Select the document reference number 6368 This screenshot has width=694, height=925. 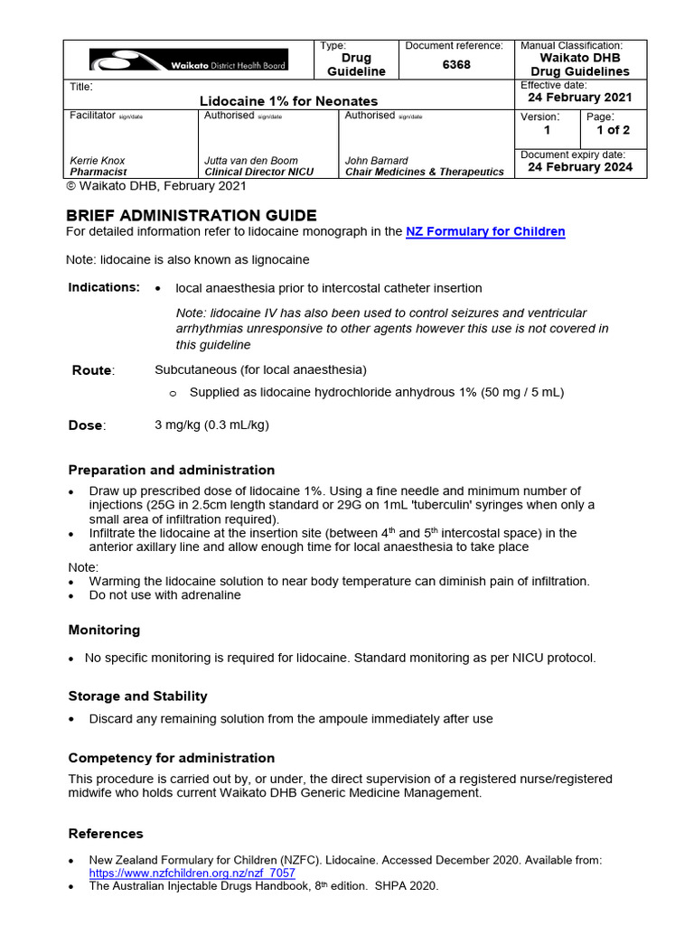pos(456,65)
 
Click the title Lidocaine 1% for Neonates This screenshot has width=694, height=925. pos(289,101)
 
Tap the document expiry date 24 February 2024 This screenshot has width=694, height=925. pos(580,167)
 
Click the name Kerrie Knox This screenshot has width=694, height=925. pos(98,161)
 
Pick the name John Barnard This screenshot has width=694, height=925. pos(377,161)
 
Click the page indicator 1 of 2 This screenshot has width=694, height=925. pos(613,130)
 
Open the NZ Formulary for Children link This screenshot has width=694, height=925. pos(485,232)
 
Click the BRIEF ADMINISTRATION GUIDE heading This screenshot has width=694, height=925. pos(192,215)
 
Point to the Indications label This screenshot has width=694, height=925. pos(104,287)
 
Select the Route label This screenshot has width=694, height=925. pos(93,370)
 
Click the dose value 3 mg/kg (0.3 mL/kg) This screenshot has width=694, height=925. pos(211,425)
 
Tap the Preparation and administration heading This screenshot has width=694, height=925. pos(172,470)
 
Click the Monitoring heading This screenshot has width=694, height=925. pos(104,630)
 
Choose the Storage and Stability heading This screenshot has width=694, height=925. pos(137,696)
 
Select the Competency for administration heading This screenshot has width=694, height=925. pos(172,758)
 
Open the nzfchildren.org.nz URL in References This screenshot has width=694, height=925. pos(192,874)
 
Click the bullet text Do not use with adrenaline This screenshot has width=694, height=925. pos(164,595)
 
